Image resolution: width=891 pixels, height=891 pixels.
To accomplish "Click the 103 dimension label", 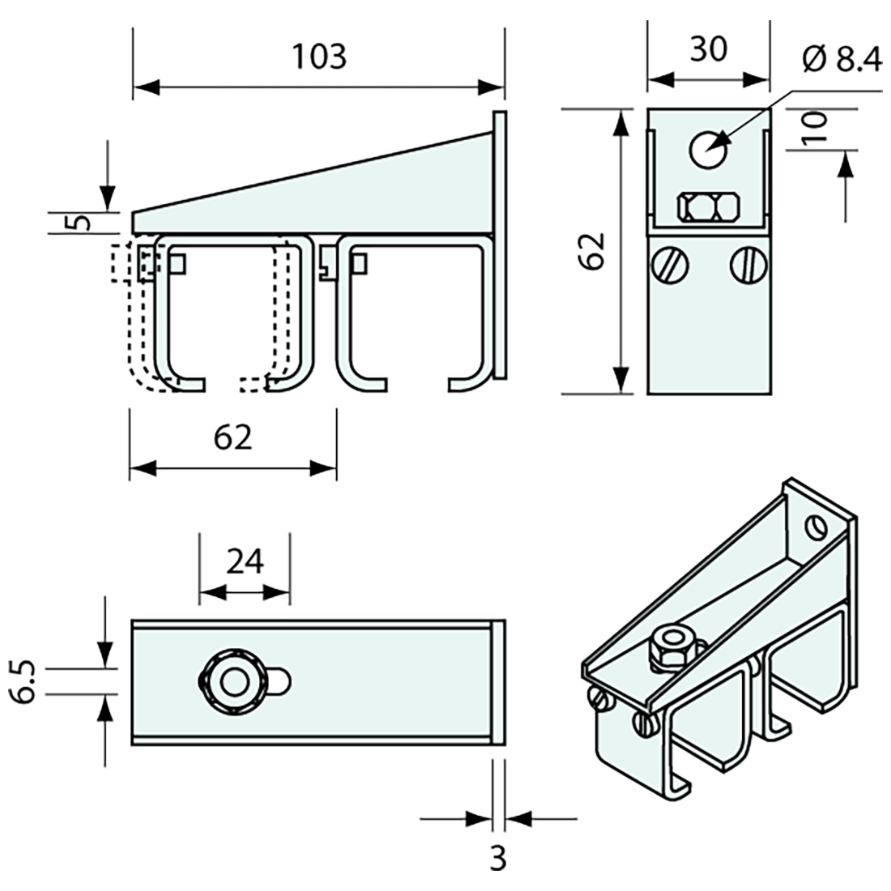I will coord(319,57).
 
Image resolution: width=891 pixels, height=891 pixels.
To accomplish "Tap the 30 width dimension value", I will coord(707,49).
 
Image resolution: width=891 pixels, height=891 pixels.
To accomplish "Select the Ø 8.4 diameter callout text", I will coord(842,60).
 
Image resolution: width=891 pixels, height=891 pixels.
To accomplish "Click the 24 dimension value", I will coord(245,561).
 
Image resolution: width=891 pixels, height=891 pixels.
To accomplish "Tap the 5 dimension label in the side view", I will coord(78,222).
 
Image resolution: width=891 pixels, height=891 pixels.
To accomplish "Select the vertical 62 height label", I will coord(593,252).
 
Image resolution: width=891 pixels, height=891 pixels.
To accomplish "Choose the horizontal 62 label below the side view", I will coord(233,437).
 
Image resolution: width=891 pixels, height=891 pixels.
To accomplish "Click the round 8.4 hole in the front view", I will coord(709,149).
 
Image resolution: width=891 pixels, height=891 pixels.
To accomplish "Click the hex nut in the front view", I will coord(707,207).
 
